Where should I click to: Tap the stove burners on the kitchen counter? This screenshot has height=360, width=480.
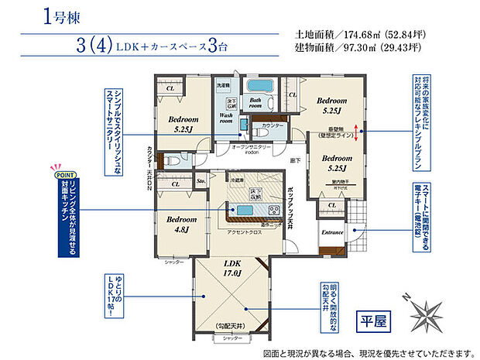click(273, 211)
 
